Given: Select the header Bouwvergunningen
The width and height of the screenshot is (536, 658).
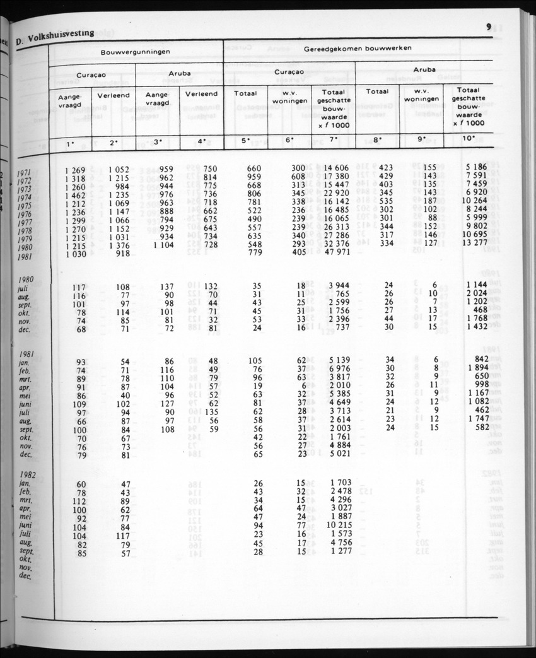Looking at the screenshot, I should click(x=136, y=52).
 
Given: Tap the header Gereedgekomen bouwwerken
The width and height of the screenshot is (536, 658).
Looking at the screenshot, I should click(x=358, y=49).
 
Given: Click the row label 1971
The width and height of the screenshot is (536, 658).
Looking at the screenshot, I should click(x=25, y=172).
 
